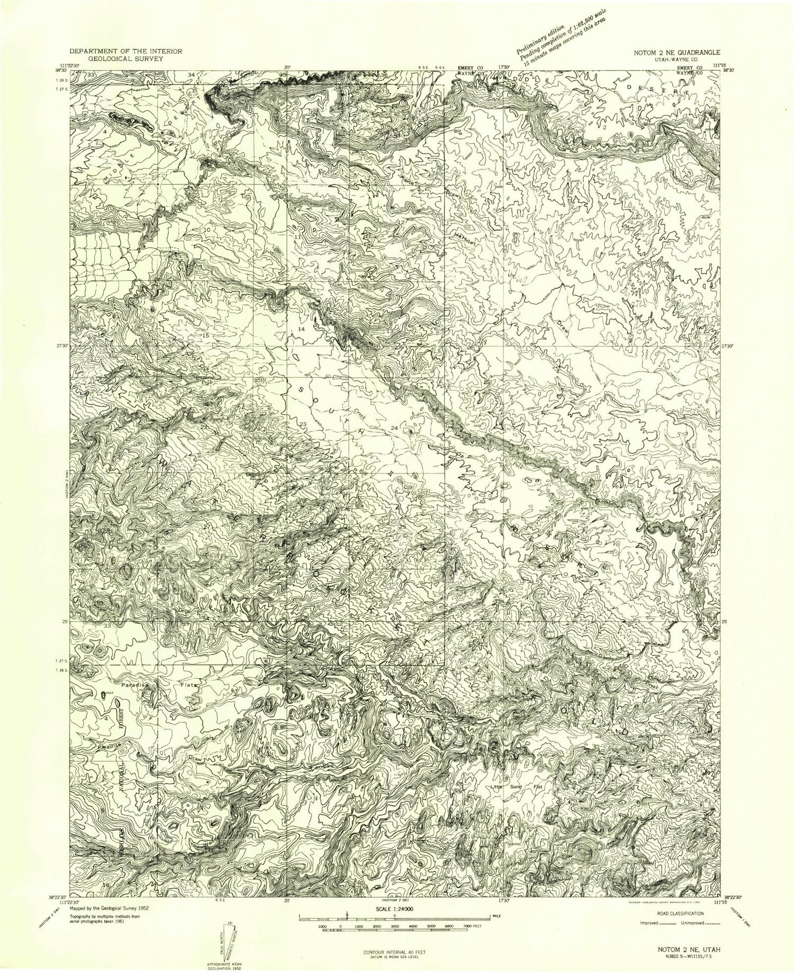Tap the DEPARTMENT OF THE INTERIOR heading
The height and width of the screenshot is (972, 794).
pos(126,51)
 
